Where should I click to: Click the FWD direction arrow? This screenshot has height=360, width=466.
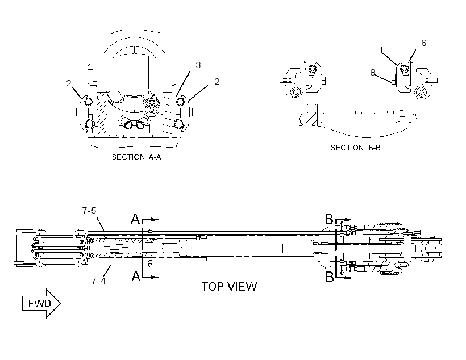(x=41, y=304)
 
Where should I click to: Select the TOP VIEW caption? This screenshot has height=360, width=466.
(x=229, y=287)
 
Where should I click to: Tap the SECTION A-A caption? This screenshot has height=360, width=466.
(x=136, y=157)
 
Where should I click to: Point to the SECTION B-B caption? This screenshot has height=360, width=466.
(x=356, y=148)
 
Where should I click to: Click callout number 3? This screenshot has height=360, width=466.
(x=198, y=65)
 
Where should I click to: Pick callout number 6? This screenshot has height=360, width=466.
(x=424, y=43)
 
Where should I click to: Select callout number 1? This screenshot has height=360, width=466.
(x=381, y=50)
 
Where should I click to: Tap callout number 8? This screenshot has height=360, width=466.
(x=373, y=72)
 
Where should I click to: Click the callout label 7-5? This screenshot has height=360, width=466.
(x=89, y=211)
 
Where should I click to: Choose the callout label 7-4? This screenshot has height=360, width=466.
(x=98, y=281)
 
